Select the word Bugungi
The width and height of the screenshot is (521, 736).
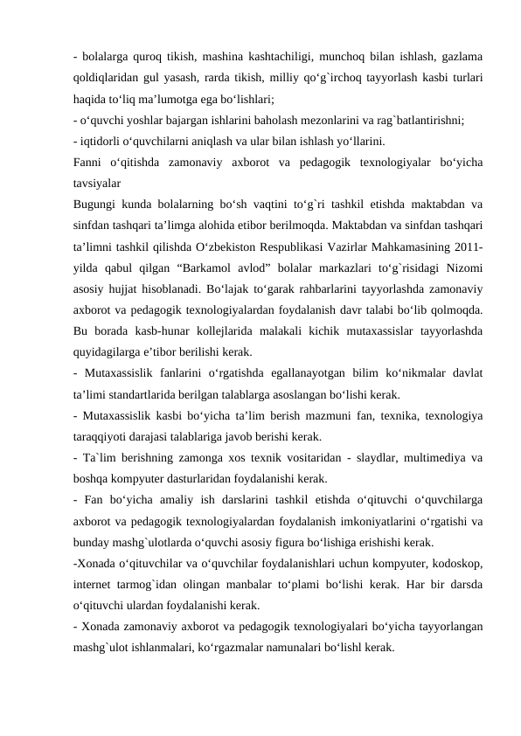99,205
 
